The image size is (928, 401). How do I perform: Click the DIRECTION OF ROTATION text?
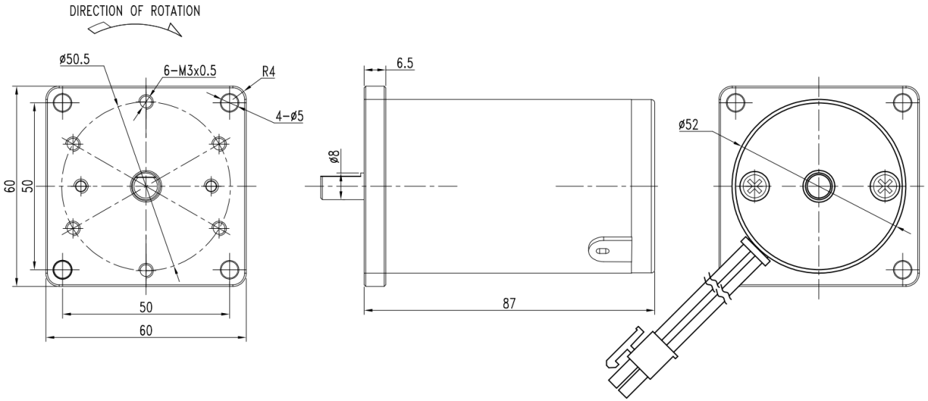coord(134,11)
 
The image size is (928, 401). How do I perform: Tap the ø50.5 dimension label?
coord(75,60)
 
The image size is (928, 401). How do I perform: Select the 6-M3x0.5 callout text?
coord(190,71)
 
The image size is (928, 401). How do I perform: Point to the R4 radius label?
coord(268,72)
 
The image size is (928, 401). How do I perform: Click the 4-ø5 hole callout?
coord(290,116)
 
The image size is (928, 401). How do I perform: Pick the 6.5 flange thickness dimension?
coord(404,63)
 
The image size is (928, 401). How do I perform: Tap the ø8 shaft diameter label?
coord(334,156)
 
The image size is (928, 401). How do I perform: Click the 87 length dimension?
coord(509,304)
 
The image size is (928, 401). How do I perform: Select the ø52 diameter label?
coord(688,125)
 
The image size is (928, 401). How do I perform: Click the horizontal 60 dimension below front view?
coord(146,331)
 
